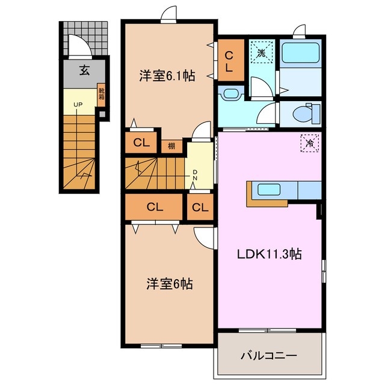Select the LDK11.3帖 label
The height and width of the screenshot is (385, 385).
(x=268, y=254)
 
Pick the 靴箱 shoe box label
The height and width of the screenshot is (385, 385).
(x=102, y=96)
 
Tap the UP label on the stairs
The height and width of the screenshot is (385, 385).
(x=78, y=104)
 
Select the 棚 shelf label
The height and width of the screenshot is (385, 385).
(x=171, y=145)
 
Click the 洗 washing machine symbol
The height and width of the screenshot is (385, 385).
(x=261, y=53)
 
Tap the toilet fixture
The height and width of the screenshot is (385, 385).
(x=307, y=112)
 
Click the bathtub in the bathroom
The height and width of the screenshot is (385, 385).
(x=301, y=54)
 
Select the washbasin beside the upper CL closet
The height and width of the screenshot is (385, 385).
(x=229, y=94)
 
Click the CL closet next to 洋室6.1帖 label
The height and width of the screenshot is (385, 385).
(x=230, y=61)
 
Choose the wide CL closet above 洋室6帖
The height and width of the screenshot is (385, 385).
(x=155, y=208)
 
